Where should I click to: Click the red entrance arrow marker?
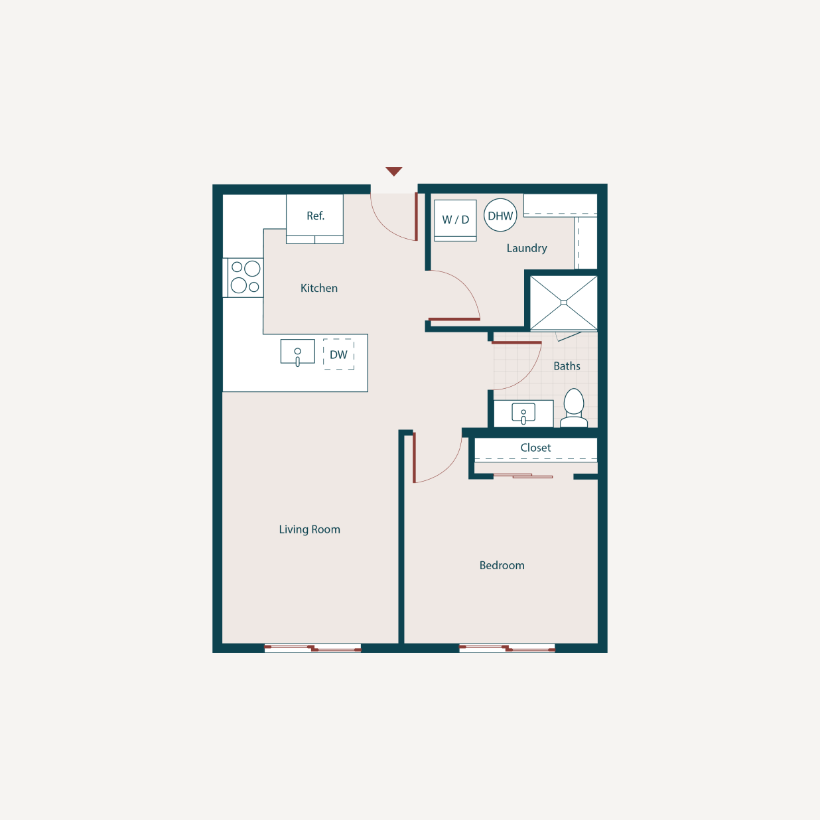tap(393, 172)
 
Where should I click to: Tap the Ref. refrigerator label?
tap(315, 216)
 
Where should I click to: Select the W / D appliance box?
tap(455, 220)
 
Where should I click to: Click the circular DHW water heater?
tap(500, 216)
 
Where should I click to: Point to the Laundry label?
tap(527, 248)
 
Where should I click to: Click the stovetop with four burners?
tap(245, 277)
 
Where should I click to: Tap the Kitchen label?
tap(319, 288)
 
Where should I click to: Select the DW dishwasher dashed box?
tap(338, 355)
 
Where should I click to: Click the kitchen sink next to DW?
tap(297, 352)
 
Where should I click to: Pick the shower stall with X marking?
tap(563, 303)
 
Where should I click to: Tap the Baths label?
tap(567, 366)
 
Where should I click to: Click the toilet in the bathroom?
tap(574, 407)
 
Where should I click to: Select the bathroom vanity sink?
tap(523, 414)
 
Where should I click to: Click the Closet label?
tap(535, 448)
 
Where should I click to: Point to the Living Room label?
tap(309, 529)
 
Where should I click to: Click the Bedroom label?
tap(502, 565)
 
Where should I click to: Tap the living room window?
tap(312, 648)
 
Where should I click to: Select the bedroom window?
tap(507, 648)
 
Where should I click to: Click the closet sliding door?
tap(523, 476)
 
